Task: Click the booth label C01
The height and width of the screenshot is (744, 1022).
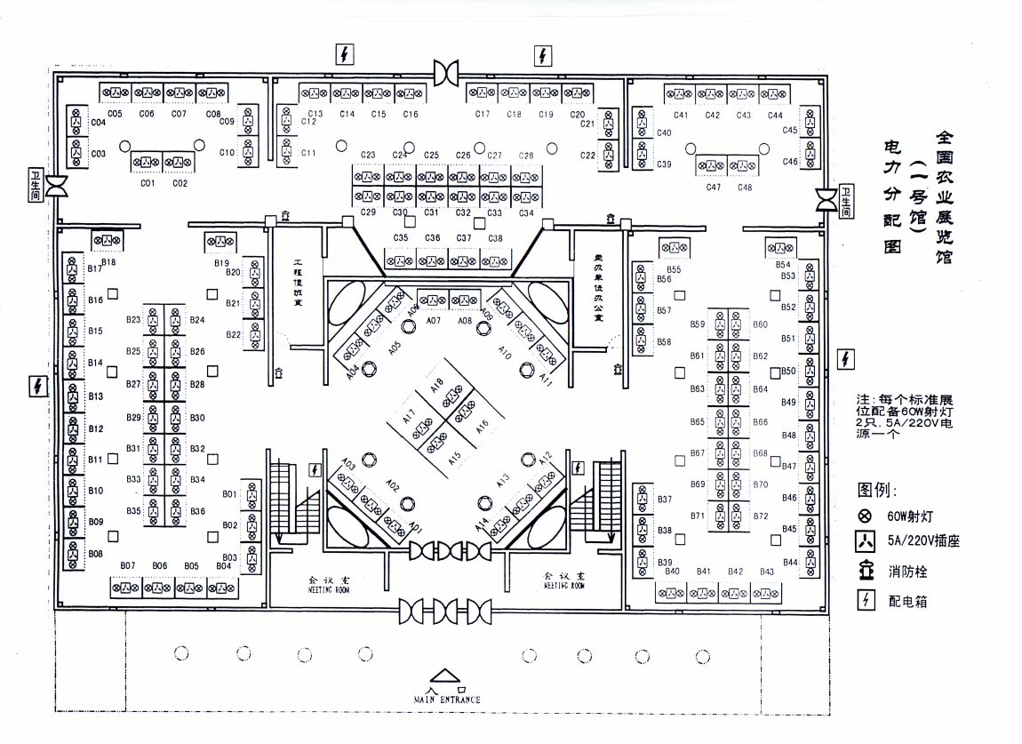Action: (148, 183)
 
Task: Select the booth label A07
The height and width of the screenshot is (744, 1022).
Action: (434, 320)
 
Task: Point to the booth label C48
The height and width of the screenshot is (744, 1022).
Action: (745, 187)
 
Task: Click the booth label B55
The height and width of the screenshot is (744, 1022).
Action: (674, 269)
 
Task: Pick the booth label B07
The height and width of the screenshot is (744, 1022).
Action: (127, 565)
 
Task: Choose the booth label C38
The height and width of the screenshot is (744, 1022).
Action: (495, 238)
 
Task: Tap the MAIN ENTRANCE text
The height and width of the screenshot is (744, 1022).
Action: (447, 700)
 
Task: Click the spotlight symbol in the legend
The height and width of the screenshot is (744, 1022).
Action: (864, 516)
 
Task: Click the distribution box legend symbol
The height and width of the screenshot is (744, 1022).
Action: (864, 601)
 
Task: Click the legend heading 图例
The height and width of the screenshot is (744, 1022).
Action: (877, 490)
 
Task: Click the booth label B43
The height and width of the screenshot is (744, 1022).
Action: (767, 572)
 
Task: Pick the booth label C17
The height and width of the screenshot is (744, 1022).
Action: (483, 114)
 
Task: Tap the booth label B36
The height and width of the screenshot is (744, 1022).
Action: (197, 511)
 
